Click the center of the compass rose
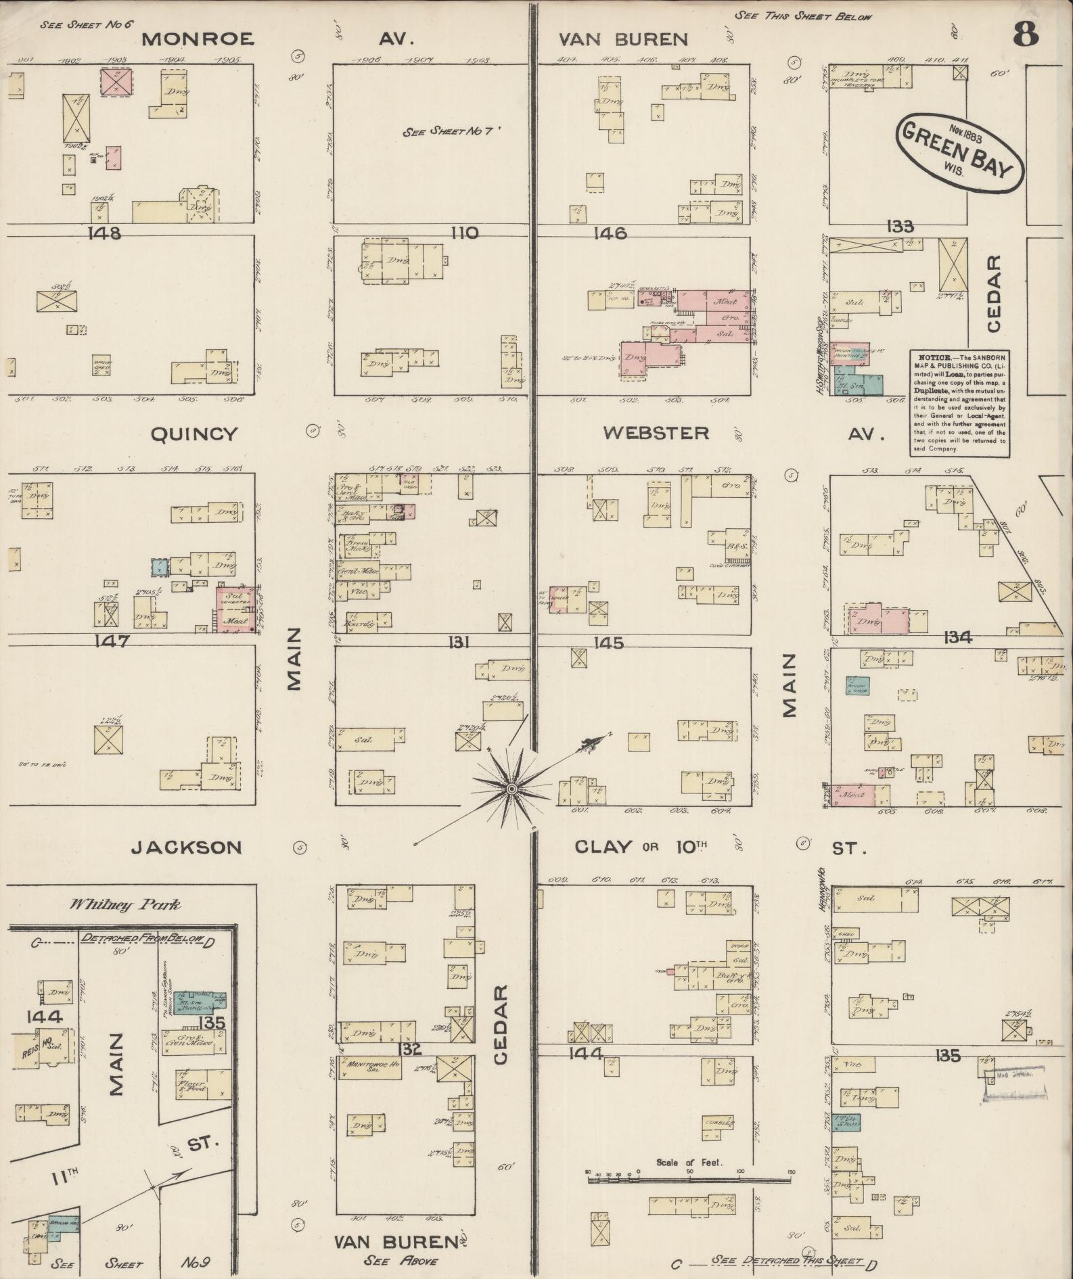(512, 789)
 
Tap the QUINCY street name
(194, 434)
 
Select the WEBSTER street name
(656, 433)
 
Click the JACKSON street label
(186, 847)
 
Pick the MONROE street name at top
(198, 39)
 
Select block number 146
(610, 233)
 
